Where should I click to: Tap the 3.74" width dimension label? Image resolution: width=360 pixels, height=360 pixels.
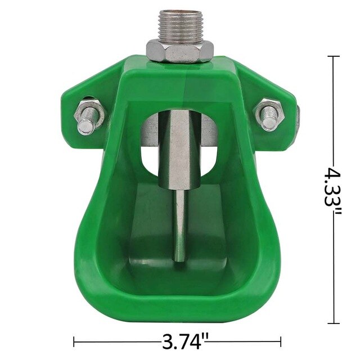178,341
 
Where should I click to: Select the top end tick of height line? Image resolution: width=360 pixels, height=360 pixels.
335,57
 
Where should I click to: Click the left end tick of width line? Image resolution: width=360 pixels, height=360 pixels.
75,341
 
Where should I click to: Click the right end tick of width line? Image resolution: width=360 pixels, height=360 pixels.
281,341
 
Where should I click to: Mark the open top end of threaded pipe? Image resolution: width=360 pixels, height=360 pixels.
179,11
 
